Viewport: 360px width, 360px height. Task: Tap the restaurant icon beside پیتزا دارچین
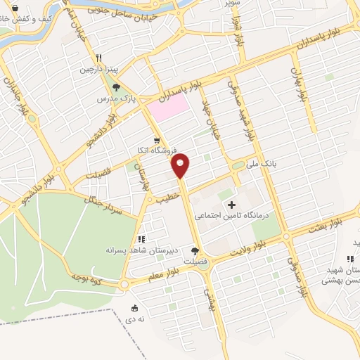101,59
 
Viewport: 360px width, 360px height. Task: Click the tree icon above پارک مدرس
116,88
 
